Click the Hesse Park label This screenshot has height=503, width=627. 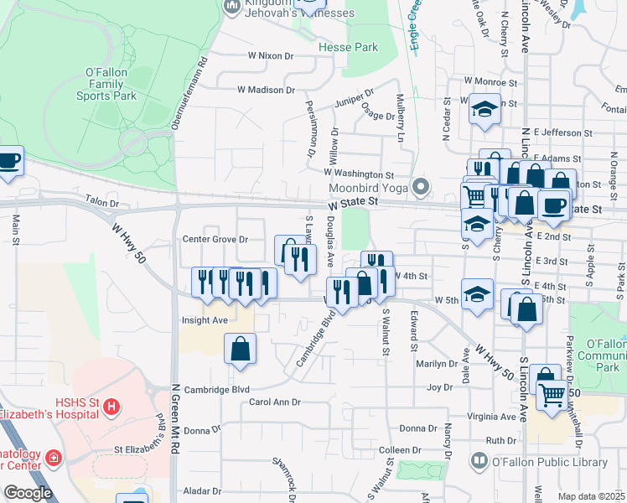click(x=348, y=48)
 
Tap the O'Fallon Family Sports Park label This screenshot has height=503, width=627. click(x=106, y=85)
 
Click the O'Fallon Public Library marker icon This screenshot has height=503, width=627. click(x=479, y=460)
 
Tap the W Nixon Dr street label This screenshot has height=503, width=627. click(x=271, y=56)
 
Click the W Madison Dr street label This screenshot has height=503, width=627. click(x=266, y=90)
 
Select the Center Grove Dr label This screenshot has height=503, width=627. click(x=215, y=239)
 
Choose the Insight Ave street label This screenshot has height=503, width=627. click(x=205, y=320)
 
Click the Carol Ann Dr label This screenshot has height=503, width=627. click(x=274, y=402)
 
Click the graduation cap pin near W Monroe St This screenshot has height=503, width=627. click(x=484, y=110)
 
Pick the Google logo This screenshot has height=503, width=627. click(x=28, y=493)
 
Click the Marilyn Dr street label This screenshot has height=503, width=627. click(x=438, y=364)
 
